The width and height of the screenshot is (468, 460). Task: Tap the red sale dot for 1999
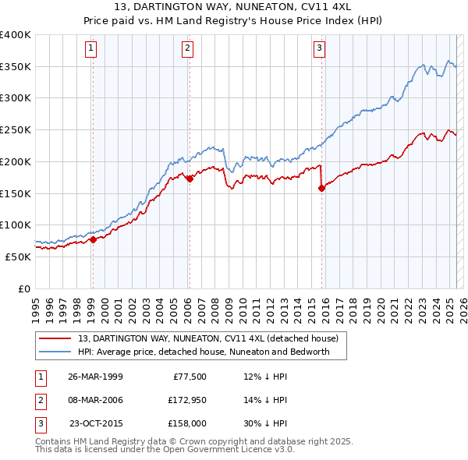[93, 239]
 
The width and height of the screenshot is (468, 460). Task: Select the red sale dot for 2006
[190, 179]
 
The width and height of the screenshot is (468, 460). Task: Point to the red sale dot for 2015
[321, 188]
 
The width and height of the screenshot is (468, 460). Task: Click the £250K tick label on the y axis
[16, 129]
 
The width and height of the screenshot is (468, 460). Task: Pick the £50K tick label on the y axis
[19, 257]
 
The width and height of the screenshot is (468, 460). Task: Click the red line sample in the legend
[55, 339]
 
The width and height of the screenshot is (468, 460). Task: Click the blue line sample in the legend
[55, 352]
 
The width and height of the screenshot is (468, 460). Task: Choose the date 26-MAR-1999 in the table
[95, 377]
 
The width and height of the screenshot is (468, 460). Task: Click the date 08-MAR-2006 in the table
[95, 400]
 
